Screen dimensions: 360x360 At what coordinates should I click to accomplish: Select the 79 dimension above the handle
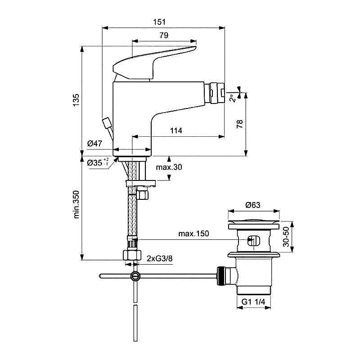point(164,35)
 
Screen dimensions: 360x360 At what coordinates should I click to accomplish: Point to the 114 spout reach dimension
point(176,130)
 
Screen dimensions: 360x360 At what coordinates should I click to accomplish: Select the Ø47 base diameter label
point(95,144)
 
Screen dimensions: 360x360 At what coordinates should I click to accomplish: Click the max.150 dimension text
point(193,234)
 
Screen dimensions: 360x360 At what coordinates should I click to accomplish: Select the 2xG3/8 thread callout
point(160,258)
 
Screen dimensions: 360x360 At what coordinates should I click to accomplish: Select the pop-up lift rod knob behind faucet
point(107,123)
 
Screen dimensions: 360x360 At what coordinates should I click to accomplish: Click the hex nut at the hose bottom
point(132,254)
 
